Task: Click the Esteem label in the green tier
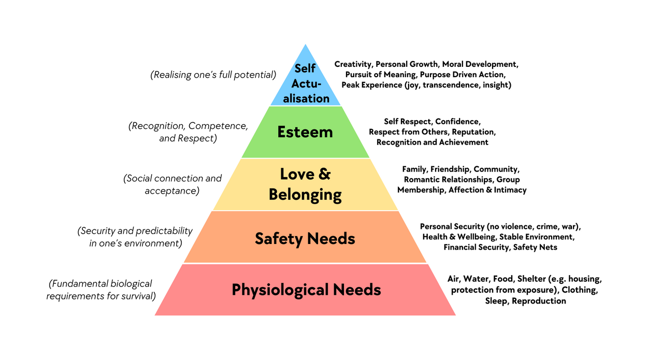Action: click(x=305, y=132)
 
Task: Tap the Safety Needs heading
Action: click(x=305, y=239)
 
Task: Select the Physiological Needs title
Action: click(x=306, y=290)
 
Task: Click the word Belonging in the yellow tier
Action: click(x=305, y=195)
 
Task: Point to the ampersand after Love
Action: click(x=324, y=174)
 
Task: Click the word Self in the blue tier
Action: click(x=305, y=68)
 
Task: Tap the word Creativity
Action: click(x=353, y=65)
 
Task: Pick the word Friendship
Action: click(x=450, y=169)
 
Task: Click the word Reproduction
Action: click(x=539, y=301)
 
